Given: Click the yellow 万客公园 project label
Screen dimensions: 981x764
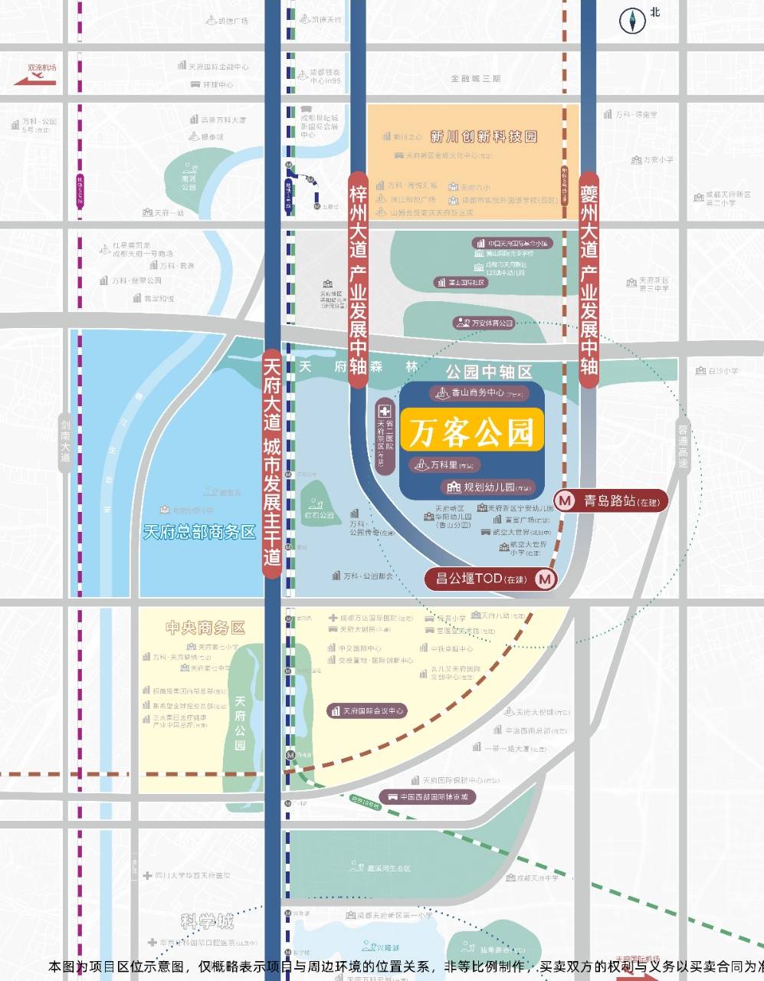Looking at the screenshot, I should click(x=471, y=433).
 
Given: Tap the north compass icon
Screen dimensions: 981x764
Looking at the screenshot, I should click(x=634, y=20).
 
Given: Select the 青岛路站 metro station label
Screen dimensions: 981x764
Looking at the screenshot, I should click(x=612, y=501).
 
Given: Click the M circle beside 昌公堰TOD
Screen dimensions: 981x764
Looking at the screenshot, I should click(x=545, y=579).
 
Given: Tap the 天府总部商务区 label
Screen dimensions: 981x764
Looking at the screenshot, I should click(x=199, y=531).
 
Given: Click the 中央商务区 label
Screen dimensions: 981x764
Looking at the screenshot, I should click(x=205, y=628).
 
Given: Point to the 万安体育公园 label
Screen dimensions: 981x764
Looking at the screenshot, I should click(x=483, y=323).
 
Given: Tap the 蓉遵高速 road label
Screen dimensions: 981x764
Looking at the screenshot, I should click(x=683, y=446).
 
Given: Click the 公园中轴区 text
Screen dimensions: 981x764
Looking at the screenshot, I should click(x=489, y=372).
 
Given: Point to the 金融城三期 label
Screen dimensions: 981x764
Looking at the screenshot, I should click(x=475, y=79).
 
